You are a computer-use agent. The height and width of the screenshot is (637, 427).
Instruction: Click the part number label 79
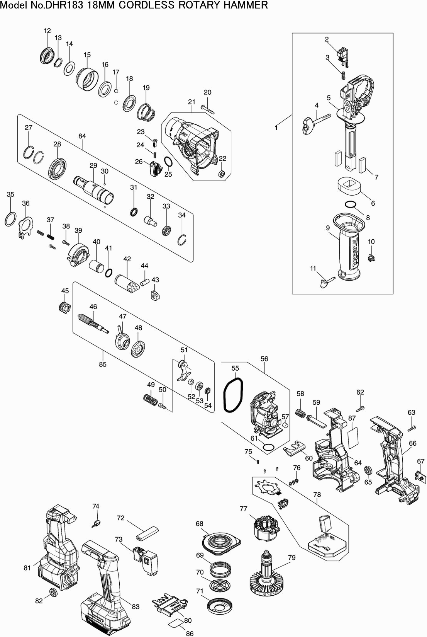tap(291, 557)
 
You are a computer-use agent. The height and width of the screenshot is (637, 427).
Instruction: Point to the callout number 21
tap(192, 102)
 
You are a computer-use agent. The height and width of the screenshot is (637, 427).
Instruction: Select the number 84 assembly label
tap(82, 136)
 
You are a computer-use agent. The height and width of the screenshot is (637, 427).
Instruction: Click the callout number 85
tap(102, 364)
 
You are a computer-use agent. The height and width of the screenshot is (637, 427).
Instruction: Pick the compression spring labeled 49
tap(149, 399)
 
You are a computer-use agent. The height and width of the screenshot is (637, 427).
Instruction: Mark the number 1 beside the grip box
tap(276, 128)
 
